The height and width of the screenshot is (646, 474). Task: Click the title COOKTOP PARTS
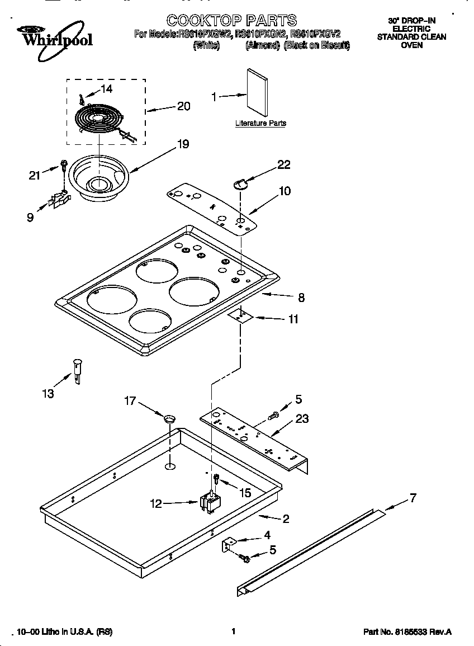[x=231, y=21]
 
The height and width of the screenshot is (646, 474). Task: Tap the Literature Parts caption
[x=260, y=123]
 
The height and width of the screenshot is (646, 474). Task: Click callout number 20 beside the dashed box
[x=183, y=106]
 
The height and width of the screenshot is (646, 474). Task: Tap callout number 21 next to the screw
[x=35, y=175]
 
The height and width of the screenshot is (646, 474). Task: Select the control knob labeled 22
[x=240, y=183]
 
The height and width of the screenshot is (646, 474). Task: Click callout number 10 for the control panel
[x=285, y=191]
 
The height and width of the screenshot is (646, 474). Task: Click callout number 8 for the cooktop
[x=301, y=298]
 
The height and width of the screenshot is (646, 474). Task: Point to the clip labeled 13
[x=78, y=370]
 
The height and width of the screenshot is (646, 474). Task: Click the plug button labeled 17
[x=170, y=418]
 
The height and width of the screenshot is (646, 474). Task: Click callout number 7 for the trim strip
[x=413, y=498]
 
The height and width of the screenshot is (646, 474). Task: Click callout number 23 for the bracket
[x=302, y=419]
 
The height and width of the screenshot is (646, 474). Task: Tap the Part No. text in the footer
[x=407, y=632]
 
